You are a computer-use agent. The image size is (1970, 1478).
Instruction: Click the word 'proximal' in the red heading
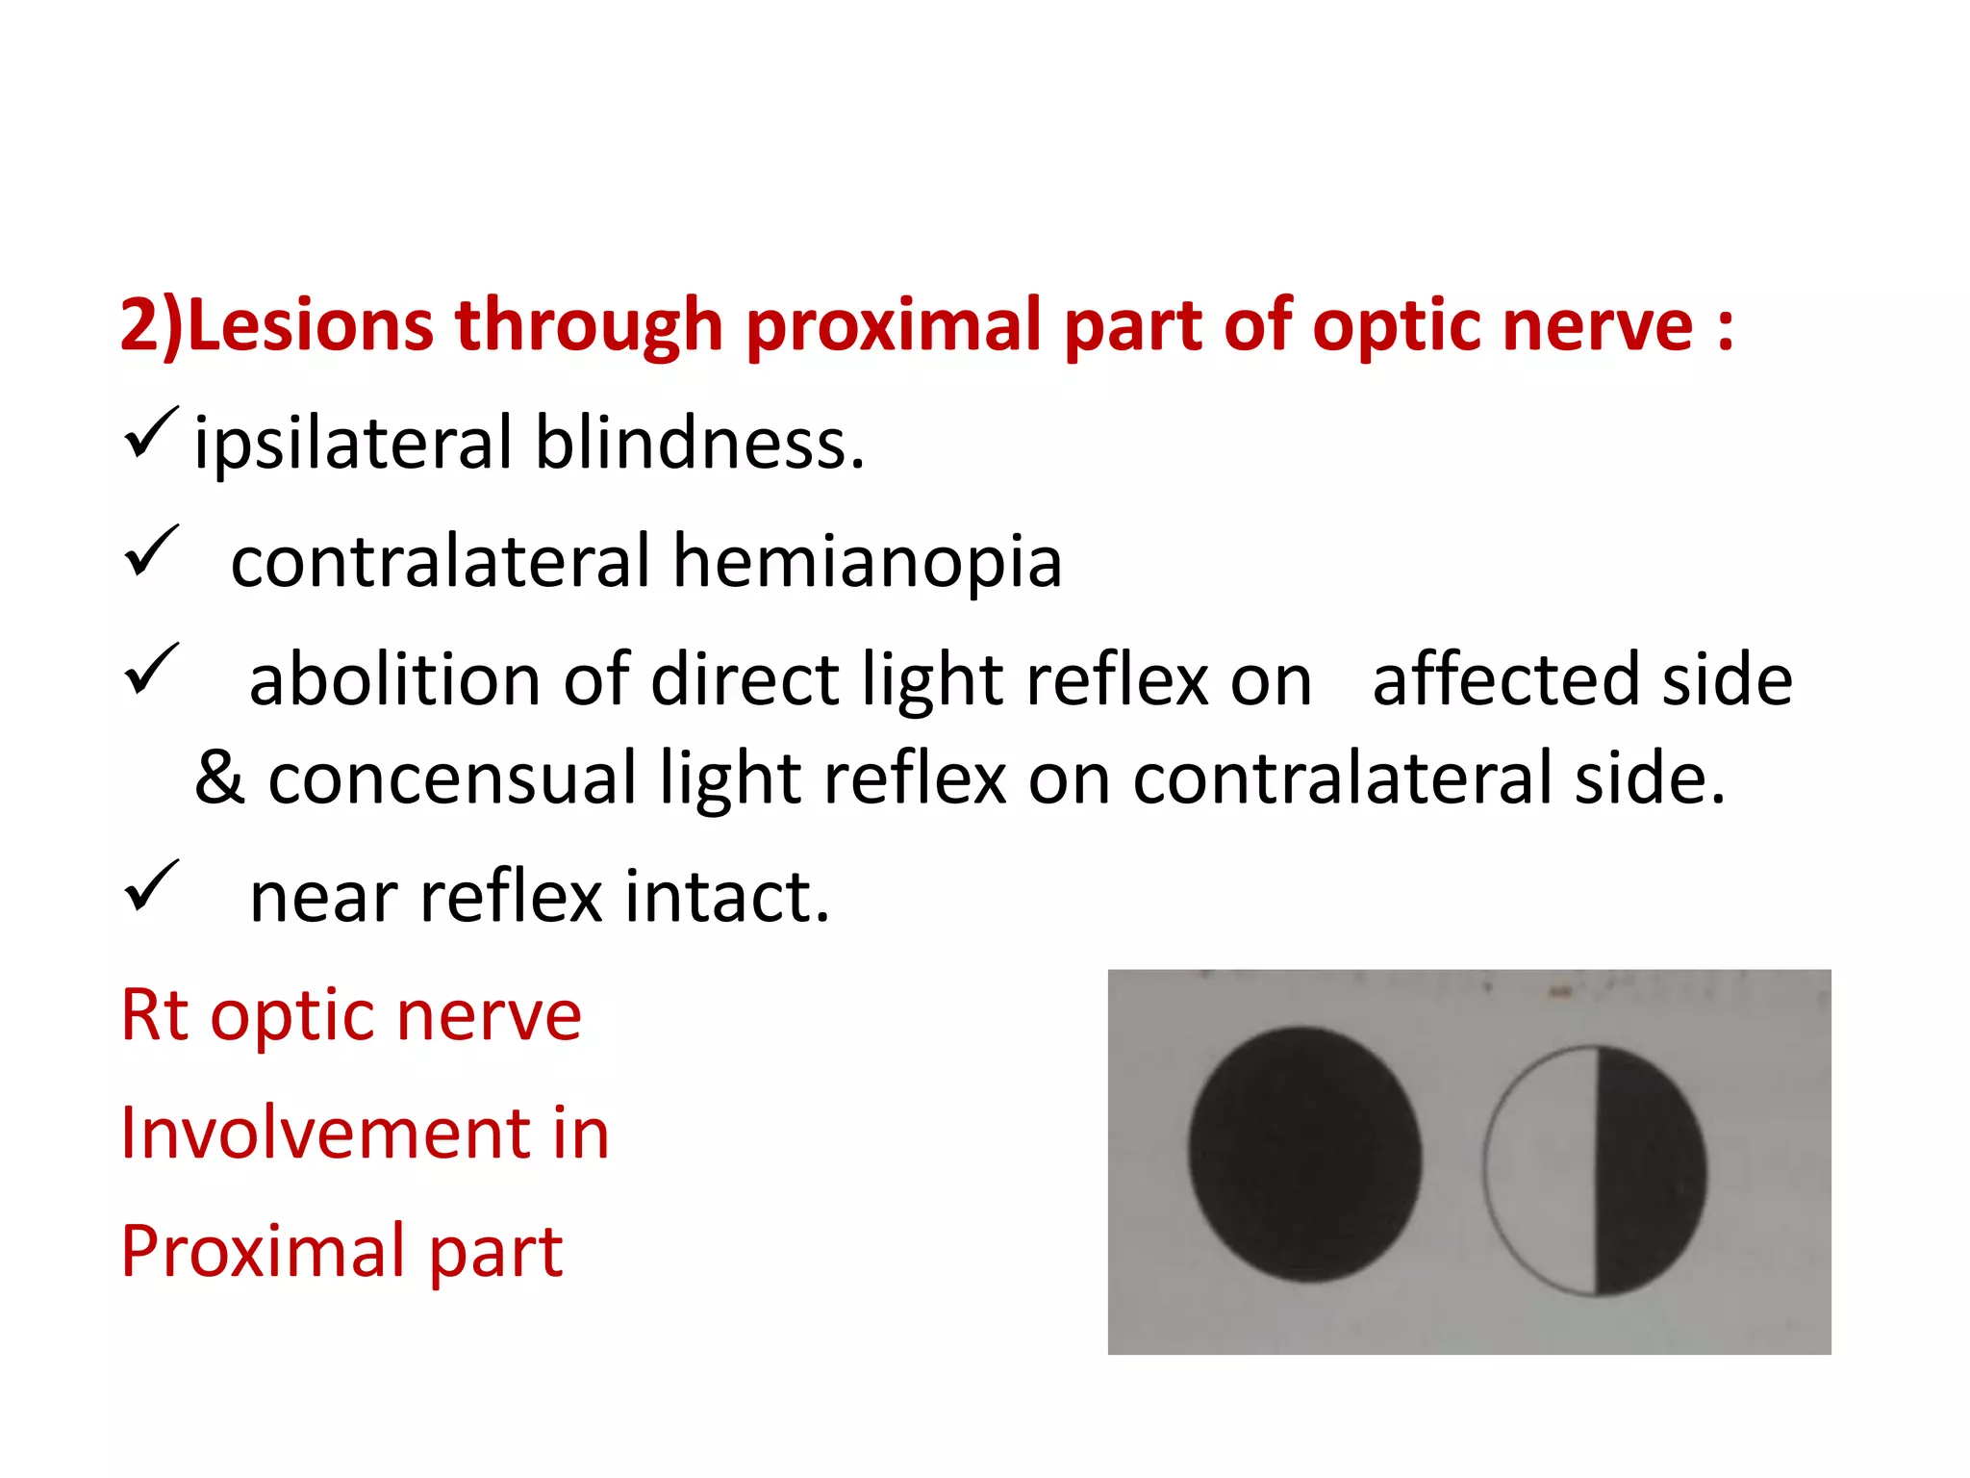tap(893, 327)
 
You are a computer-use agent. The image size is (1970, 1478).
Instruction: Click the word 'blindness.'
tap(699, 445)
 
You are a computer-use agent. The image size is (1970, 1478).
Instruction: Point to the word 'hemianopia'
tap(867, 562)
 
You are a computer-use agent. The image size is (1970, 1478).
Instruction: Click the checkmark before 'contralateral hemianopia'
tap(151, 551)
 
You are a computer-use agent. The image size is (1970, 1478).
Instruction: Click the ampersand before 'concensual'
tap(219, 777)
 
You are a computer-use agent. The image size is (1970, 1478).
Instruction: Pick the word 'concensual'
tap(452, 777)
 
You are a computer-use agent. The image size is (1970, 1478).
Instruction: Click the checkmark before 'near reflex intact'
tap(151, 885)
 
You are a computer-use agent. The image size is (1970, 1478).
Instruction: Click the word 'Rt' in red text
tap(154, 1015)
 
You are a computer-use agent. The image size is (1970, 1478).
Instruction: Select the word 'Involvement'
tap(325, 1134)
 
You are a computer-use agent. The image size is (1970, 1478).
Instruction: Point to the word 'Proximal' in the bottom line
tap(263, 1251)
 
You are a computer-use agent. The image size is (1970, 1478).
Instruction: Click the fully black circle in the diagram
tap(1304, 1155)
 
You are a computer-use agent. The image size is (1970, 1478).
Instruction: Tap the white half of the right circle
tap(1541, 1169)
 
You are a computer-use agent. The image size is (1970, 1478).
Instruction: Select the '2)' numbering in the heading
tap(150, 327)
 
